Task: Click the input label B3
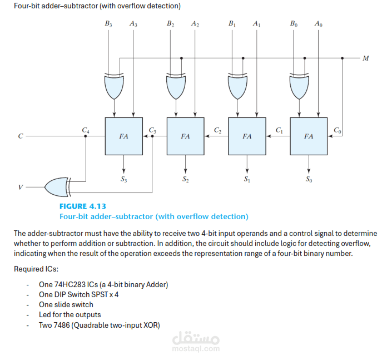(x=108, y=24)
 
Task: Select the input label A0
(x=317, y=24)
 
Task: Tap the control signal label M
(x=365, y=58)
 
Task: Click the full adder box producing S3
(x=124, y=136)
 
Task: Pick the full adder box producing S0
(x=309, y=136)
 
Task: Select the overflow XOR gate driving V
(x=57, y=187)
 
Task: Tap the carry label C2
(x=217, y=130)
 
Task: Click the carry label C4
(x=85, y=130)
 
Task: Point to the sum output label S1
(x=247, y=179)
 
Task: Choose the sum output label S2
(x=185, y=179)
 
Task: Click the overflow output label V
(x=21, y=188)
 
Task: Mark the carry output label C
(x=21, y=136)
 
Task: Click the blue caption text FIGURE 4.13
(x=83, y=206)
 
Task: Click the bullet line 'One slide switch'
(x=66, y=305)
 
